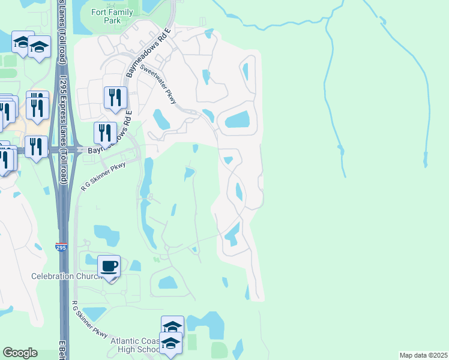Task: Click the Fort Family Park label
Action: pyautogui.click(x=106, y=16)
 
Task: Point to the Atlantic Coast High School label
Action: pyautogui.click(x=135, y=345)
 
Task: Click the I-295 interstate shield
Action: pyautogui.click(x=61, y=247)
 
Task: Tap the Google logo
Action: pyautogui.click(x=20, y=353)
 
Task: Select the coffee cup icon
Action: pyautogui.click(x=109, y=265)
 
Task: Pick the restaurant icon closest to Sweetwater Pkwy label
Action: pyautogui.click(x=115, y=97)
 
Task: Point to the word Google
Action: pyautogui.click(x=20, y=353)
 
